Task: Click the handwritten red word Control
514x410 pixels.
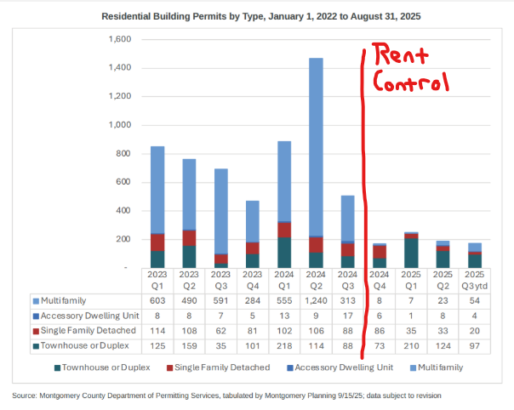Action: [412, 84]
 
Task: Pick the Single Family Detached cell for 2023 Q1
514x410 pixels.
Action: [157, 329]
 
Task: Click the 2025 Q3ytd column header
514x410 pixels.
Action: [474, 280]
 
